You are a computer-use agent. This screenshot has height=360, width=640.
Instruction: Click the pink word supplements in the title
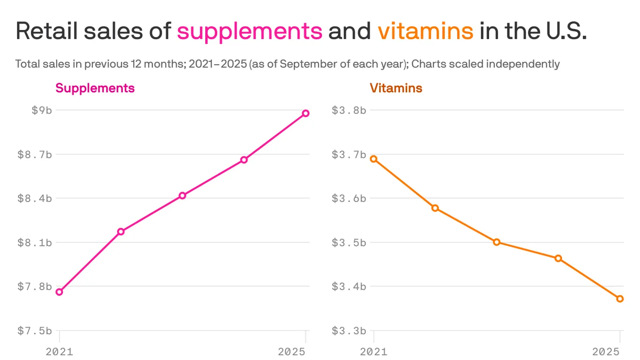[249, 31]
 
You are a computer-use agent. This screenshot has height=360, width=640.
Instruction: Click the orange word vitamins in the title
[425, 31]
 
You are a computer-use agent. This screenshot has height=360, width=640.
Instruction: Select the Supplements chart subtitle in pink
[95, 88]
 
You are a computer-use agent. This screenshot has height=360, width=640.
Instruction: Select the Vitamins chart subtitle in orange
[396, 88]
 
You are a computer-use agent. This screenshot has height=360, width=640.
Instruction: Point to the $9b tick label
[41, 110]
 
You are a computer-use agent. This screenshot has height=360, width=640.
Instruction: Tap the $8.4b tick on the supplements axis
[35, 198]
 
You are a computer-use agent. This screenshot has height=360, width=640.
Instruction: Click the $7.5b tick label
[35, 331]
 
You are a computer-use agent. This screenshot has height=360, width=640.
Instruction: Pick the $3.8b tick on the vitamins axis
[349, 110]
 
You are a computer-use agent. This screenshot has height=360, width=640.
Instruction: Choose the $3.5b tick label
[349, 242]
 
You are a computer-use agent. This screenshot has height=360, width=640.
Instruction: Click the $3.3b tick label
[349, 331]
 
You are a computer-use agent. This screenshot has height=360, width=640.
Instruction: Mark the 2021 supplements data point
[60, 292]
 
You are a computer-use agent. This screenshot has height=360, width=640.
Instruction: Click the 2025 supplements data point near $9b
[305, 113]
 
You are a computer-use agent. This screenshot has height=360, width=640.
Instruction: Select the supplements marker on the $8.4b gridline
[182, 195]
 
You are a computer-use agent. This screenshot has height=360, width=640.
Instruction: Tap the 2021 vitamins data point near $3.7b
[373, 159]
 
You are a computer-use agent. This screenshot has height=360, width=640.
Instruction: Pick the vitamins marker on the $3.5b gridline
[497, 242]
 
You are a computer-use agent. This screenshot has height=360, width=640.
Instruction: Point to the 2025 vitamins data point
[620, 299]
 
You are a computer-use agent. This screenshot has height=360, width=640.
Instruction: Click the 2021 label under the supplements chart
[60, 352]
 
